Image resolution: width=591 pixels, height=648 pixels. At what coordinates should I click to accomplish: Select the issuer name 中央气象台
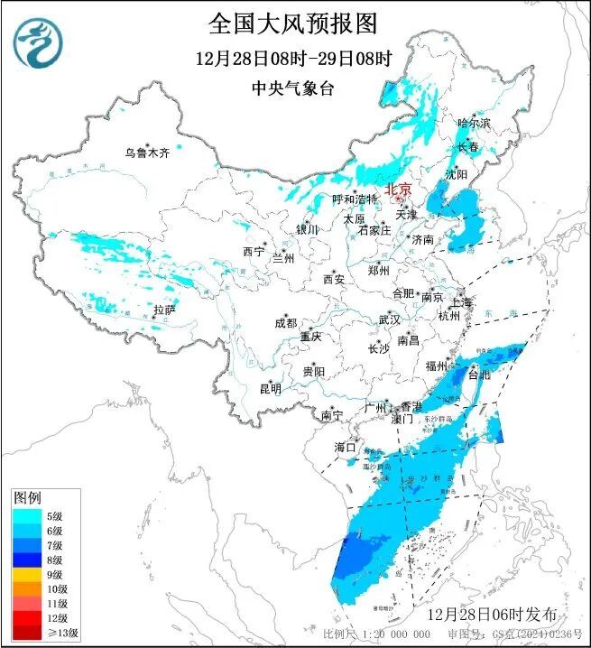294,88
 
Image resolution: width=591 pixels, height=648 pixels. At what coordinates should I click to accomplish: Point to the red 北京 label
398,190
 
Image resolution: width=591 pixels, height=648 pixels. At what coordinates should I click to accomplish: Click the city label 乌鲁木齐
147,153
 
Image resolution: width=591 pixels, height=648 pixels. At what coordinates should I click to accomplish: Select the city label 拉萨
163,310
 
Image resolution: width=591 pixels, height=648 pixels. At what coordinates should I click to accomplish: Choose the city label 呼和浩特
355,199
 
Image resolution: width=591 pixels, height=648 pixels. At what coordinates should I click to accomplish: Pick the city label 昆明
270,389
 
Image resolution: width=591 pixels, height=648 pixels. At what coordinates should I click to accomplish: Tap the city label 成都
285,323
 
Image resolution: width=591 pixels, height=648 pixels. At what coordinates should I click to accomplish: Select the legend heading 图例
26,498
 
